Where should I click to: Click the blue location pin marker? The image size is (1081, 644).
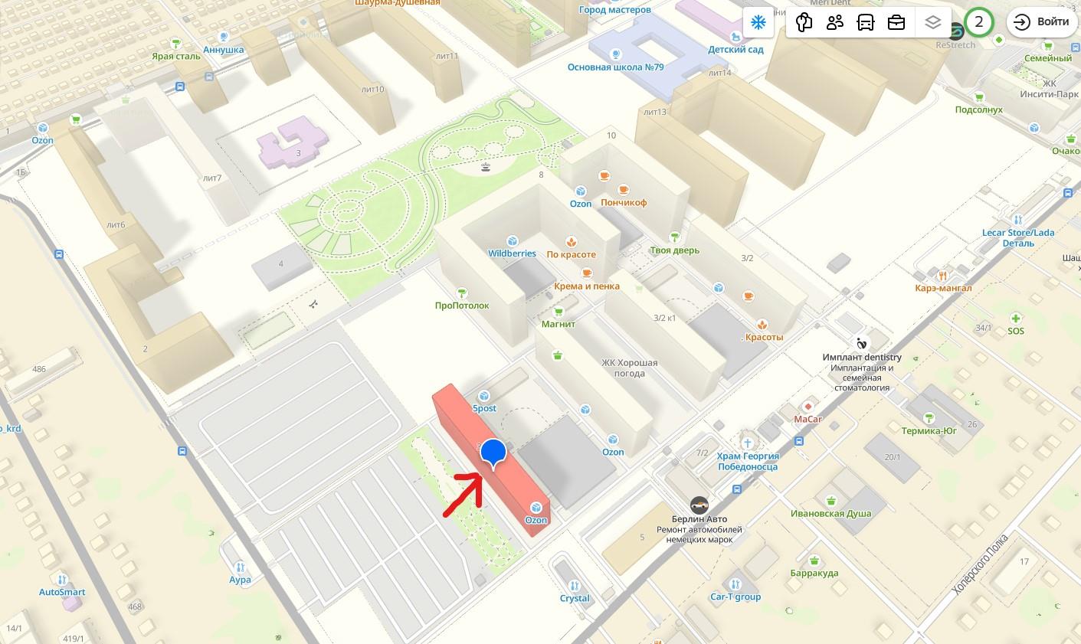494,453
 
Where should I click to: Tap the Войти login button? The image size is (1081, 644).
1042,21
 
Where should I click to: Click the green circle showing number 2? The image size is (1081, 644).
978,21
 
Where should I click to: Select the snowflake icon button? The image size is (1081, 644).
757,22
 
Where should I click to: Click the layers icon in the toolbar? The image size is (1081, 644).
932,22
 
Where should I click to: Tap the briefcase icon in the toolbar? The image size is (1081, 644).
896,22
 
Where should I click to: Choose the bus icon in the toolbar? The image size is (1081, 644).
866,22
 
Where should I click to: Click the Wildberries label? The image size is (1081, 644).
512,253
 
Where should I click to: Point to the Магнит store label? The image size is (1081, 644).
558,324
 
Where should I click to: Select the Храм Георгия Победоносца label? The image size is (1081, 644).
747,461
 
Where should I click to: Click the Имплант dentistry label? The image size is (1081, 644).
862,357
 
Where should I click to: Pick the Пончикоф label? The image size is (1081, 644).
624,202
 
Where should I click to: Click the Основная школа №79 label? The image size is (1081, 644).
615,67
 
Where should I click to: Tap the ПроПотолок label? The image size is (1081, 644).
461,306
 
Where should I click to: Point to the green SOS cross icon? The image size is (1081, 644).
1015,319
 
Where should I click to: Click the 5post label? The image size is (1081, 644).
484,408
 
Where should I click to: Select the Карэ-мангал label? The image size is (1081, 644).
943,288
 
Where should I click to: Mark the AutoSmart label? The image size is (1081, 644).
62,592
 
